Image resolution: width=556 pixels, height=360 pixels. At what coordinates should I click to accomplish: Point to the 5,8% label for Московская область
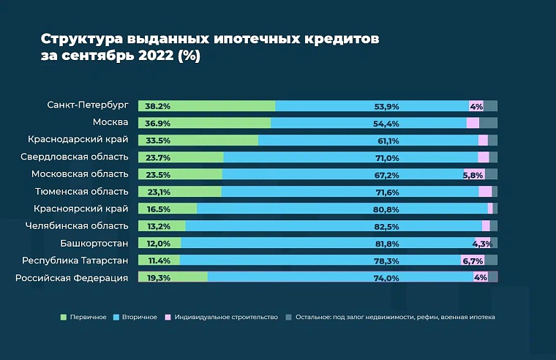473,175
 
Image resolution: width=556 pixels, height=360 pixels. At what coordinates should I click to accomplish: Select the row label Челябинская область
77,226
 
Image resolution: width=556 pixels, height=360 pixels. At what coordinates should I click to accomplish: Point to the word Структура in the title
78,38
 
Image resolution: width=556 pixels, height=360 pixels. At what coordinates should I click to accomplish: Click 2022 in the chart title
145,56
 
